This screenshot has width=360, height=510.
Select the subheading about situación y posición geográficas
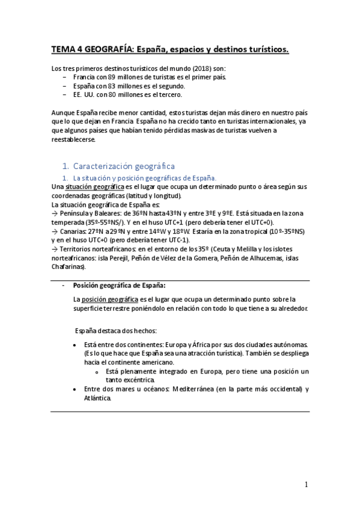(144, 178)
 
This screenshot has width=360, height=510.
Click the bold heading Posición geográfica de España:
(120, 285)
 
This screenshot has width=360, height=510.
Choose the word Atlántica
(98, 398)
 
